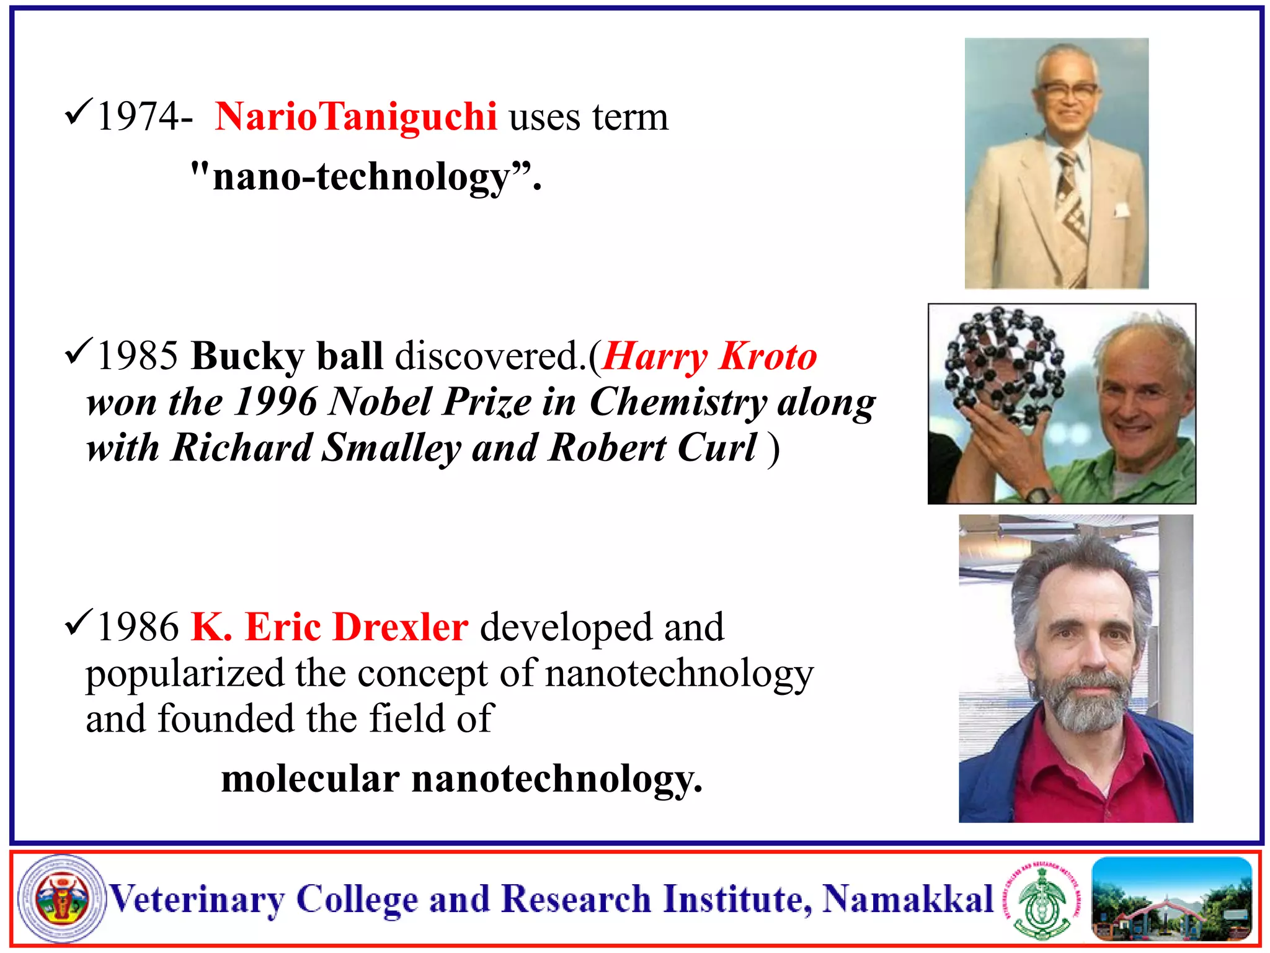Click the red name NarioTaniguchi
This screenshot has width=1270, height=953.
355,117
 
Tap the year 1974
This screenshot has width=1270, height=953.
136,117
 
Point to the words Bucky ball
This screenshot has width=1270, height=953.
286,356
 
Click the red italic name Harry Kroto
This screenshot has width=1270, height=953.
709,356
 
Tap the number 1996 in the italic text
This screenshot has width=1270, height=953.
276,402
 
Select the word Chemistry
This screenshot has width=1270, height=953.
678,402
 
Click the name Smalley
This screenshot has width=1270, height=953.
391,448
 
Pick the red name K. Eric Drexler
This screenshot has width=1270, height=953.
329,627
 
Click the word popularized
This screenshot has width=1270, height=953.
184,673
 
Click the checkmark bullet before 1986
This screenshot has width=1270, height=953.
79,622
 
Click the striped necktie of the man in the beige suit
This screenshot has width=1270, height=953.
1072,205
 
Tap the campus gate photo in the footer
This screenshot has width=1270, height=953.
1171,898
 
